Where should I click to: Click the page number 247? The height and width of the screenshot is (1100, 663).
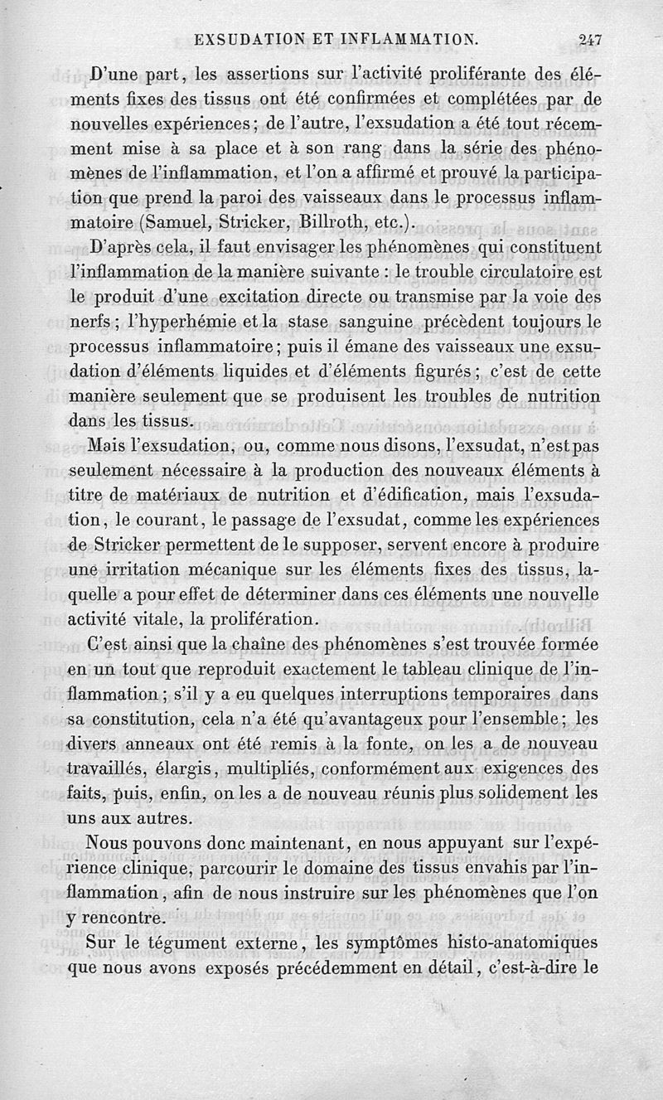click(590, 37)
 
